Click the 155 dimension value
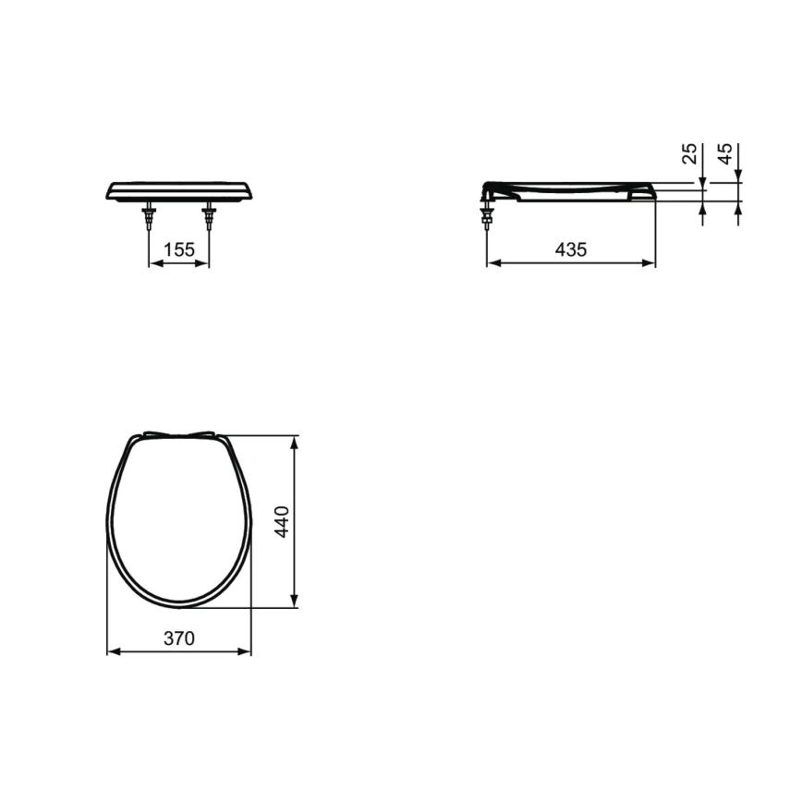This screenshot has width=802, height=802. click(x=178, y=249)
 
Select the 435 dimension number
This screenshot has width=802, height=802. click(x=571, y=249)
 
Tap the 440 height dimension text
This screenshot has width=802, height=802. click(x=283, y=522)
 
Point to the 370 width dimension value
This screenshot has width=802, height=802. click(x=179, y=638)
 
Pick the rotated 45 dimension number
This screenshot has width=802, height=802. click(x=725, y=154)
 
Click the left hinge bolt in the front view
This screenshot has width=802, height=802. click(x=149, y=219)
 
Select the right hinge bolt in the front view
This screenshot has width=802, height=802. click(x=209, y=219)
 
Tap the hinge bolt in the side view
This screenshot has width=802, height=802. click(x=487, y=217)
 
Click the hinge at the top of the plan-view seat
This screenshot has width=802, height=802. click(x=179, y=435)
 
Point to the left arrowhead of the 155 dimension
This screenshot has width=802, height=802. click(x=154, y=263)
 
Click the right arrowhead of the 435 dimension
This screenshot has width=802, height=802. click(x=650, y=263)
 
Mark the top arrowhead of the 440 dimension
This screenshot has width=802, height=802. click(x=295, y=443)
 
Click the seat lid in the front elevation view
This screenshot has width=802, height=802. click(x=179, y=190)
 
